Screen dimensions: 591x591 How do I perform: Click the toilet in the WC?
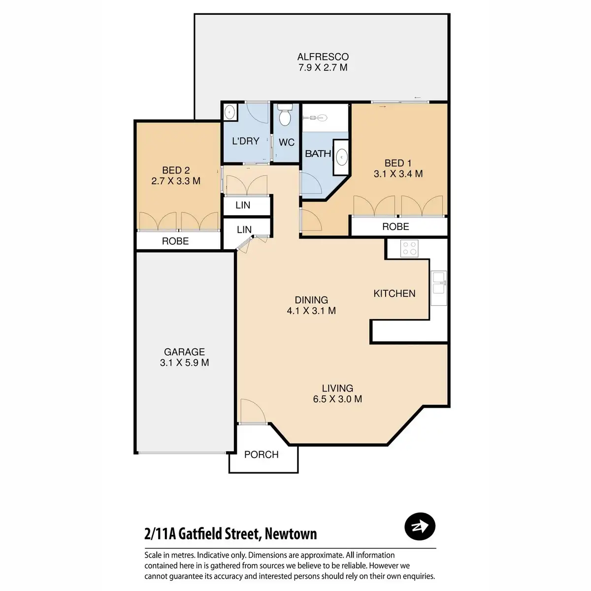pos(285,116)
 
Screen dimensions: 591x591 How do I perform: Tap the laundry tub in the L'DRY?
pos(230,113)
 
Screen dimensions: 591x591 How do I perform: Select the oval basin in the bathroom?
pos(341,158)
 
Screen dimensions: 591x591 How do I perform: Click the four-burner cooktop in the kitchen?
pos(409,248)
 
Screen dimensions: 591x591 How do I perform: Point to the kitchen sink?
pos(438,283)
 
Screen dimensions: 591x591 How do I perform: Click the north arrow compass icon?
pos(420,527)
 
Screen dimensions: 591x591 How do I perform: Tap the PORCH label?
pos(262,455)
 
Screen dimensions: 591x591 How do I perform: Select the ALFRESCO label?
pos(323,57)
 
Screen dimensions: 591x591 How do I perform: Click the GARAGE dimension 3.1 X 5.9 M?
pos(184,363)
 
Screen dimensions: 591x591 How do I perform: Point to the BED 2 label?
pos(172,170)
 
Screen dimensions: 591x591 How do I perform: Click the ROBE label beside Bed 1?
pos(395,227)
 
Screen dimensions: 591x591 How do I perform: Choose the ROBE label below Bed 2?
pos(175,241)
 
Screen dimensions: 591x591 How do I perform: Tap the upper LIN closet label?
pos(243,205)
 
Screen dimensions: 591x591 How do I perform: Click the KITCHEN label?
pos(394,294)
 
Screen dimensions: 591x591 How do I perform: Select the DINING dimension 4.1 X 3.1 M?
pos(311,311)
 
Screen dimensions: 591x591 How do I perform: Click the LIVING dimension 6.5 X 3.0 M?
pos(337,399)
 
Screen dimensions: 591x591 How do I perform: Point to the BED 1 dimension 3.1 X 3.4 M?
pos(398,174)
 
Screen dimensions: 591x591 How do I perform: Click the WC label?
pos(287,142)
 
